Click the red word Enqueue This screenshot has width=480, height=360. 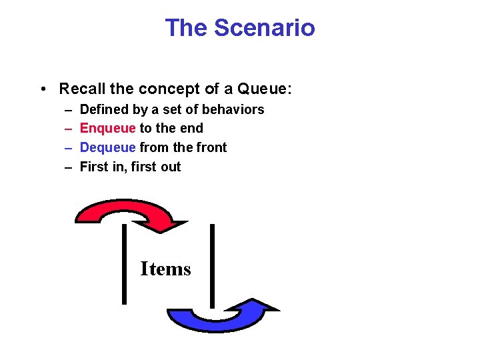[x=107, y=128]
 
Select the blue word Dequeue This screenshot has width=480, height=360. [x=107, y=147]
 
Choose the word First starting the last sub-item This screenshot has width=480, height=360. [x=94, y=167]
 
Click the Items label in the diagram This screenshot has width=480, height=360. [x=165, y=269]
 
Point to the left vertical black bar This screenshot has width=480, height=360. [x=124, y=264]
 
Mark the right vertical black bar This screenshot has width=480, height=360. [x=213, y=265]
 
